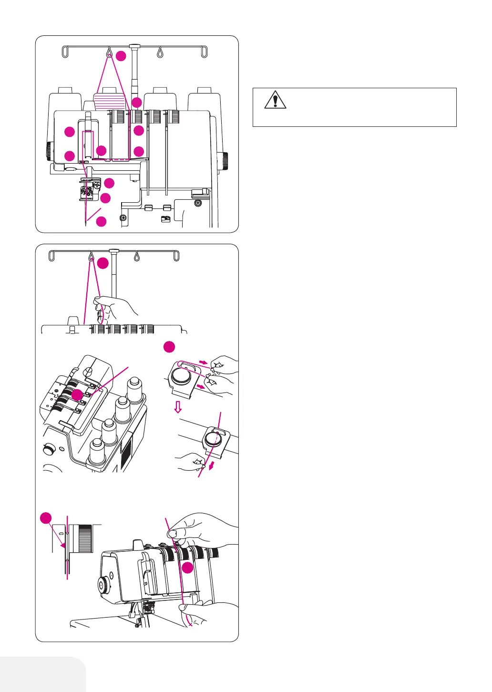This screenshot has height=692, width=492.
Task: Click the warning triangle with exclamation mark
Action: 275,101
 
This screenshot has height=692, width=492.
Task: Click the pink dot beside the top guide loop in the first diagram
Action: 121,56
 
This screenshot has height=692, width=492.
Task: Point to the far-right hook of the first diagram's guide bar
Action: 205,52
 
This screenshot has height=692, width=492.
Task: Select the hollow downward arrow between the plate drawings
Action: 178,407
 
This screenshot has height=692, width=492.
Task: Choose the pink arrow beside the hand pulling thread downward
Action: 211,466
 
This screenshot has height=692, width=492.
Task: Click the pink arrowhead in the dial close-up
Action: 63,545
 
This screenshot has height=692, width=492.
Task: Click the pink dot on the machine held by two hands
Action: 188,568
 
